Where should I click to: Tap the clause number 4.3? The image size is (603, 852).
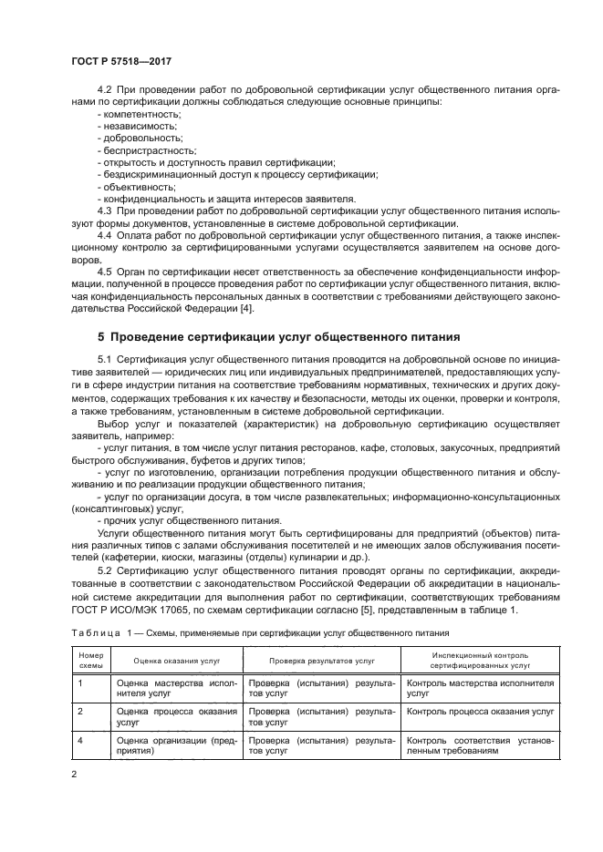coord(105,210)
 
